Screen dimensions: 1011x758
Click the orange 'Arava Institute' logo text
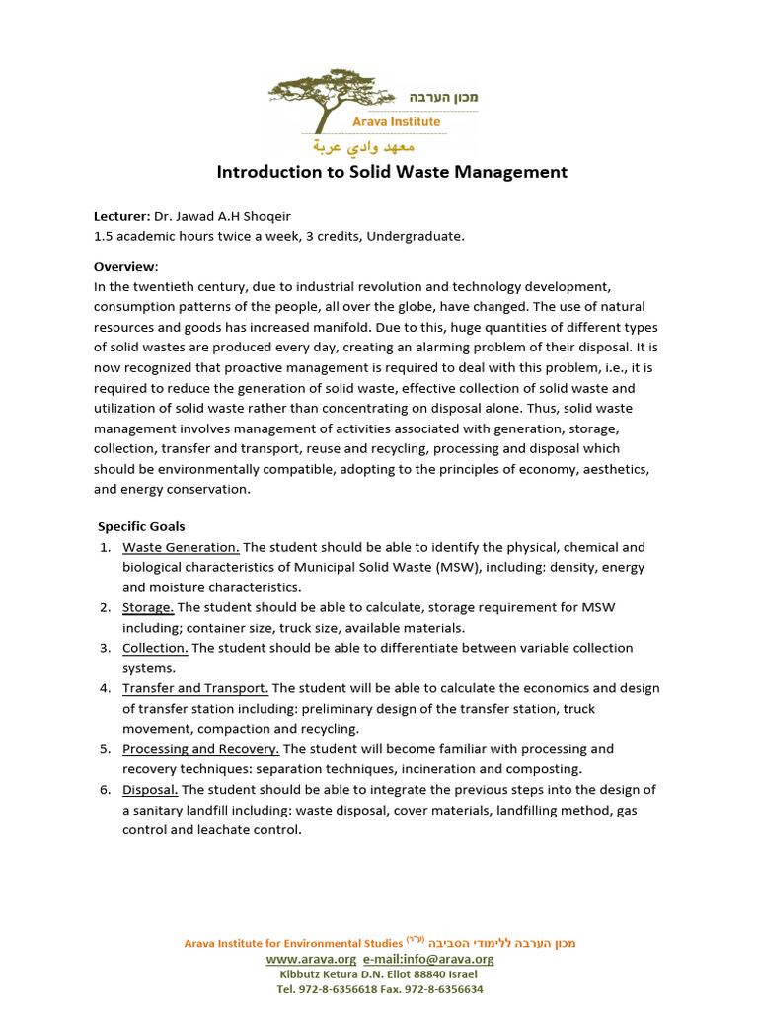397,121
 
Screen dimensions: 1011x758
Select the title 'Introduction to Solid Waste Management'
392,172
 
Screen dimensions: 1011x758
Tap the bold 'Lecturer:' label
121,216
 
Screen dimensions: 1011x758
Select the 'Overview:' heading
125,267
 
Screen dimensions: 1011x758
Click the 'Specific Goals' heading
141,526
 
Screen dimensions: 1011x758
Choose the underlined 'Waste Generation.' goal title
181,547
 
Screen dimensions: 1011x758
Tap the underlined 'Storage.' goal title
148,607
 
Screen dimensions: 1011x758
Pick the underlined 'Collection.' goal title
155,648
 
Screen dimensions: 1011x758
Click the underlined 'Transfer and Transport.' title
195,688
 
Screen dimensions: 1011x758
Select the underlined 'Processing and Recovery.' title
200,749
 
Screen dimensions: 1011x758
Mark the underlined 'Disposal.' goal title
150,790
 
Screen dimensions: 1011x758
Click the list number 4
104,688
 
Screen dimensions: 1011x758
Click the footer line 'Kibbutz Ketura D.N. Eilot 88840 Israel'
379,973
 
